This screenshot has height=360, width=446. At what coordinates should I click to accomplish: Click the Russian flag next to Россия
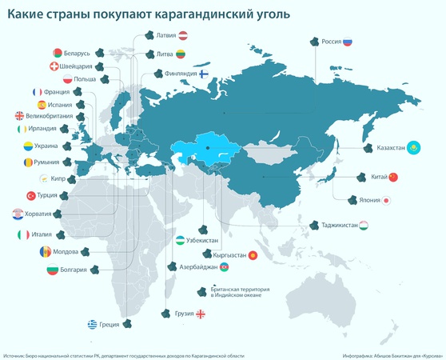pos(348,45)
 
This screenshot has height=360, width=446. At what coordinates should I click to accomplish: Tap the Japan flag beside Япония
pos(386,200)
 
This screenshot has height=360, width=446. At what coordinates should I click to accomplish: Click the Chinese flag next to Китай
pos(392,176)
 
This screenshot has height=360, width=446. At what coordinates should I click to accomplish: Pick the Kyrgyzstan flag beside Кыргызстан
pos(253,255)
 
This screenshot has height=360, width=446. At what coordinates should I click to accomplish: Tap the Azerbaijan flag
pos(225,266)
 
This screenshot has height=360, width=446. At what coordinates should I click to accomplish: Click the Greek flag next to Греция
pos(93,324)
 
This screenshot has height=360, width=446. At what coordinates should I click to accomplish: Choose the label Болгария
pos(72,270)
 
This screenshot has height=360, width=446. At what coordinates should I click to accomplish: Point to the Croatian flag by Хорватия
pos(18,214)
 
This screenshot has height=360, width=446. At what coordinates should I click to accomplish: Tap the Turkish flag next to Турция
pos(32,196)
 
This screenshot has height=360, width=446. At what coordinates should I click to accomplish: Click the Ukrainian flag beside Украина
pos(27,146)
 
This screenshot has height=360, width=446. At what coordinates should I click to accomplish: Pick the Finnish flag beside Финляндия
pos(203,73)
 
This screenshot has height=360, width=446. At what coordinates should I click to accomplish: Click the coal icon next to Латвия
pos(149,35)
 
